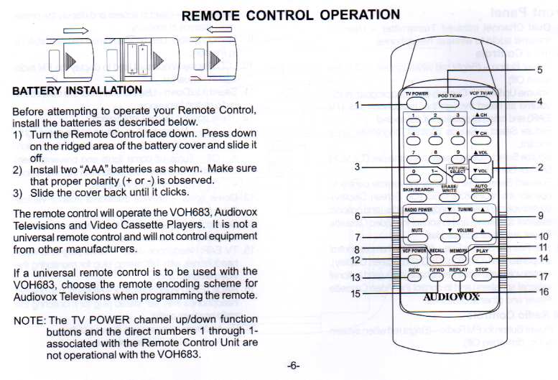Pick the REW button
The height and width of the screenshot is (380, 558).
click(414, 277)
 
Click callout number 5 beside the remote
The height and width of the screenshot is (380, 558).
click(539, 70)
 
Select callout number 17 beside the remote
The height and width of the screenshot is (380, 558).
click(543, 277)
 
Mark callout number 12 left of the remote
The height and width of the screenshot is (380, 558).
click(355, 259)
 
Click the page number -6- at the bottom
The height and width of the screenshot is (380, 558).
click(293, 366)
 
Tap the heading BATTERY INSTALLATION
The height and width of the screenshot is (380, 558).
click(78, 91)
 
